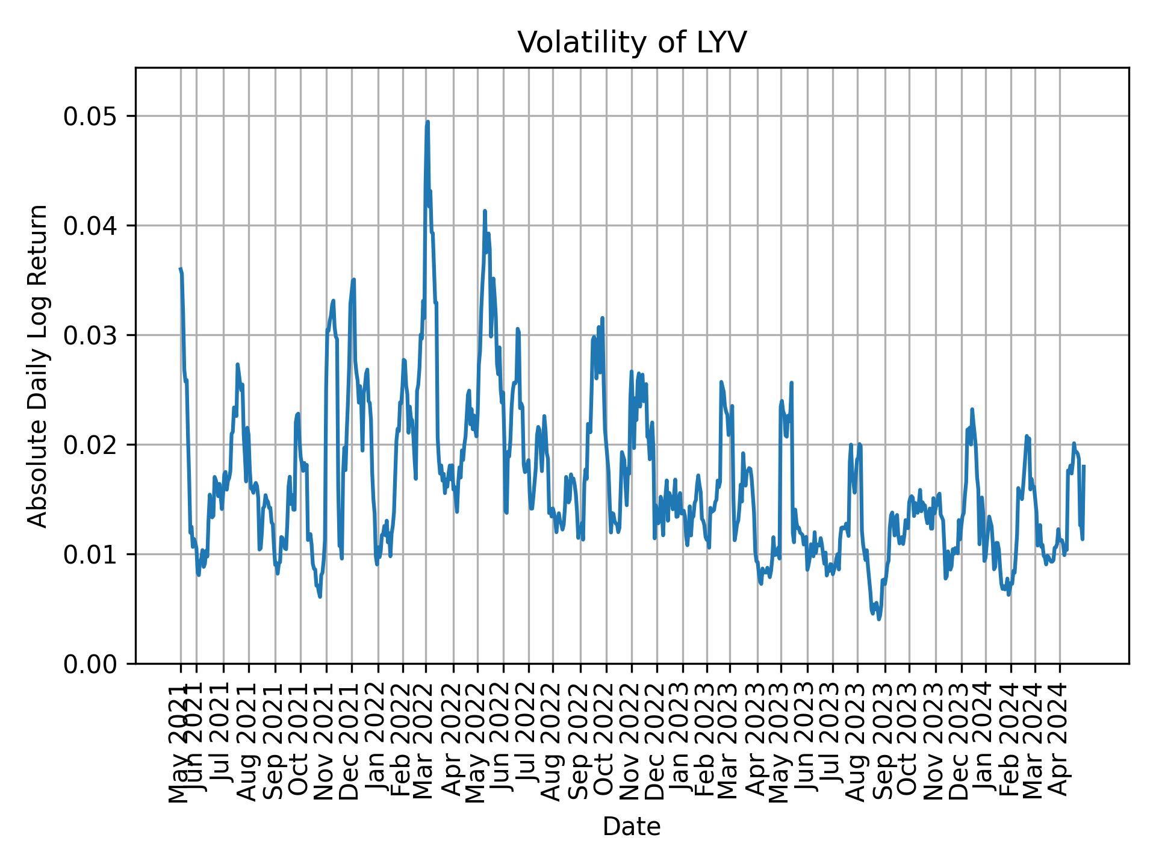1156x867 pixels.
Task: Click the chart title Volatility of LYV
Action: [x=632, y=43]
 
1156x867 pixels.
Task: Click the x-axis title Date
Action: [x=632, y=827]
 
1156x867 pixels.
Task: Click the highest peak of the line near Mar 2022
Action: [x=427, y=122]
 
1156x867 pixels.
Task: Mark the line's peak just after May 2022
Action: [x=485, y=211]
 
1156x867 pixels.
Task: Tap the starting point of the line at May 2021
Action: [x=180, y=269]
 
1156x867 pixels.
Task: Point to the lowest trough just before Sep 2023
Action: [x=879, y=619]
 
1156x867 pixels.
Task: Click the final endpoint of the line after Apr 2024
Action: [x=1084, y=466]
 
